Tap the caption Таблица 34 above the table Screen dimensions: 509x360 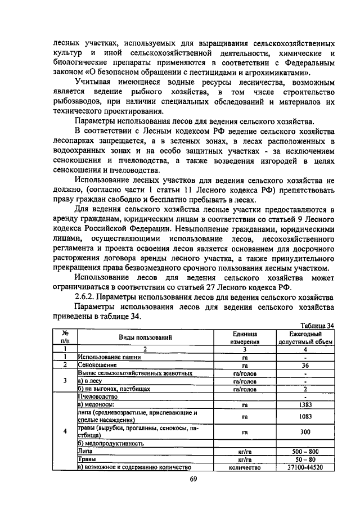(317, 325)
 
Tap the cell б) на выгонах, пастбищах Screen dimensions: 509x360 (106, 389)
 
